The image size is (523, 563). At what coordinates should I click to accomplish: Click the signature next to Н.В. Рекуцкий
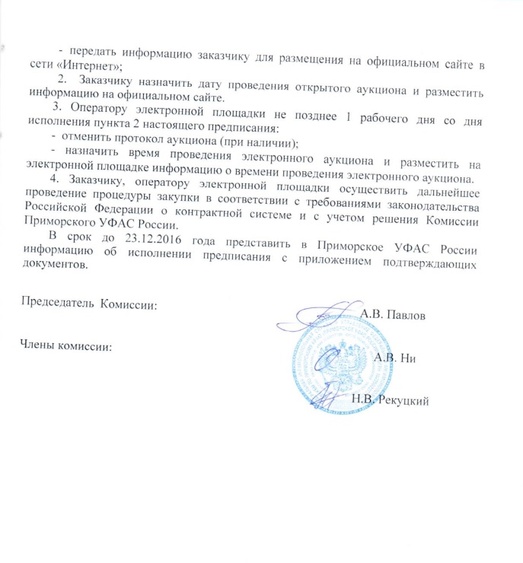(x=324, y=394)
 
